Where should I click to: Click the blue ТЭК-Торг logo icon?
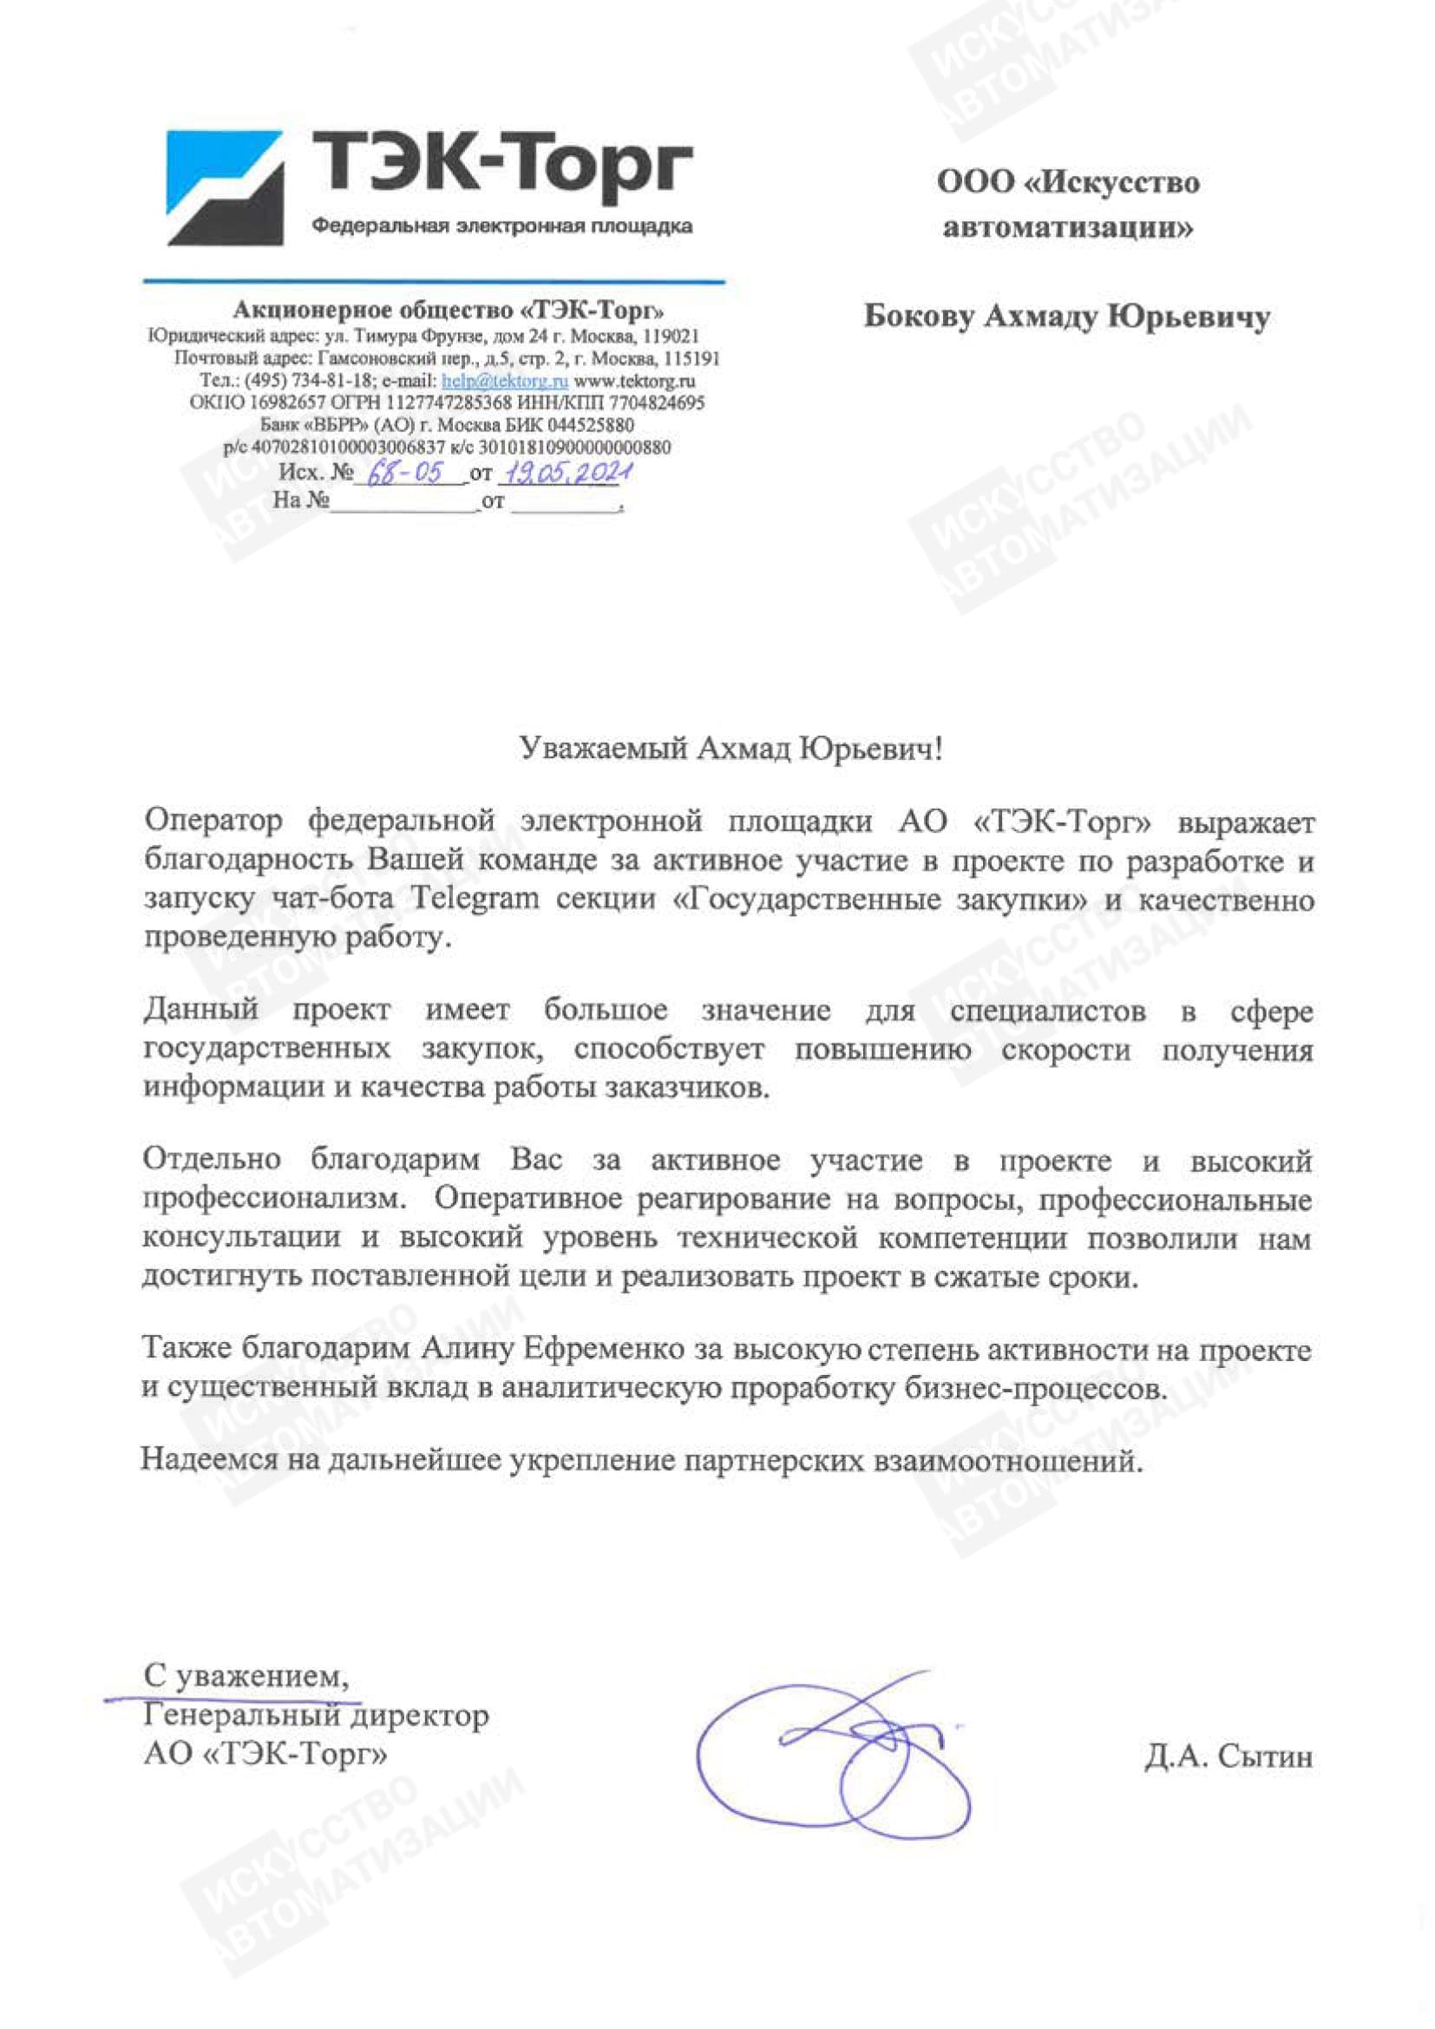(226, 187)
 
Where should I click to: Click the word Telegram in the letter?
(475, 900)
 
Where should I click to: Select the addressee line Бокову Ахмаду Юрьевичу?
(1066, 317)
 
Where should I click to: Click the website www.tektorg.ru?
(634, 382)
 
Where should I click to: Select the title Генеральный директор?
(316, 1715)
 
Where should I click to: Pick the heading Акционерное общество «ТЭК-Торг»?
(449, 311)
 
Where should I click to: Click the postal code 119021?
(672, 337)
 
